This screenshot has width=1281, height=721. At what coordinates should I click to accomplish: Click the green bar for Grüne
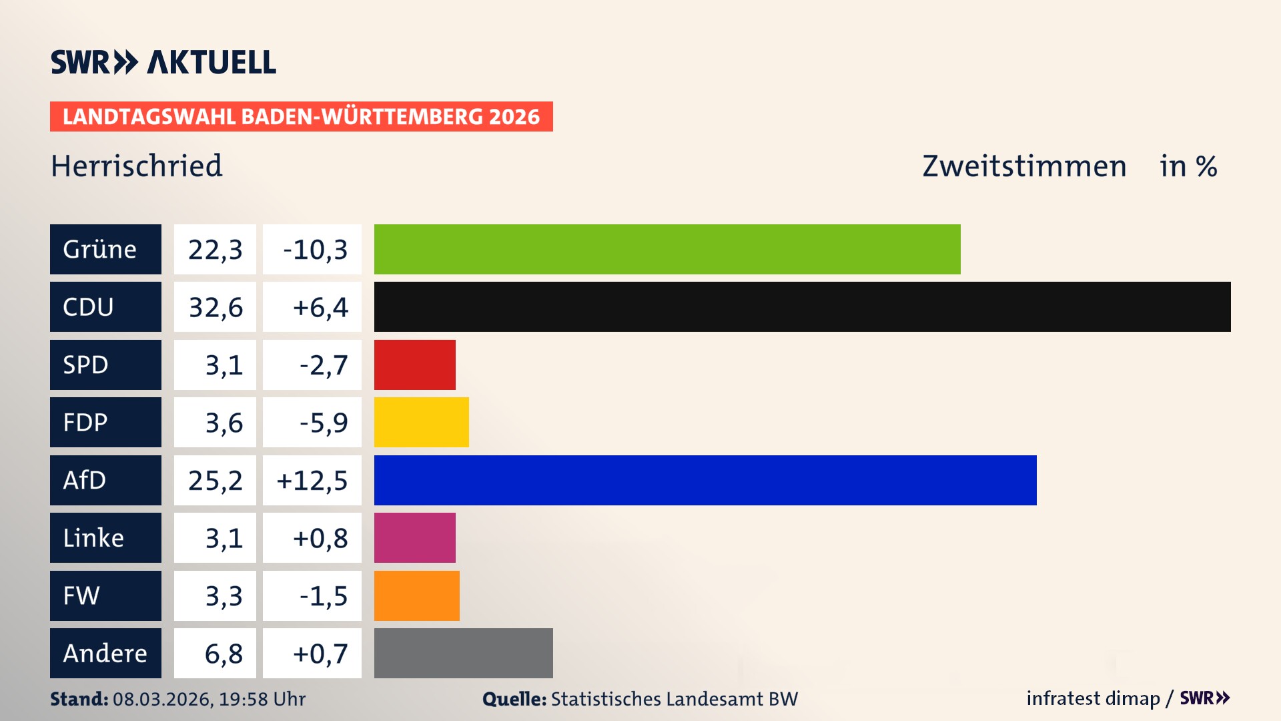pos(667,249)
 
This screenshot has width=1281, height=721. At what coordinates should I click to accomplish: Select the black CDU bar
pos(802,306)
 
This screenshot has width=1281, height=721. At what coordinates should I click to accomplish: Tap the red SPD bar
pos(414,365)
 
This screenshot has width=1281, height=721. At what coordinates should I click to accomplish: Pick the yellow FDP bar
pos(421,422)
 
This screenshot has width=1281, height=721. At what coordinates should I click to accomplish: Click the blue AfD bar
pos(705,480)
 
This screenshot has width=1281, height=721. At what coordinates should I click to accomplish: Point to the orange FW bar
pos(416,595)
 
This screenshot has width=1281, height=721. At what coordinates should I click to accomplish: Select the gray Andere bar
pos(463,653)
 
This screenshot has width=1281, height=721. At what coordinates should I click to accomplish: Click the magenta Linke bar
pos(414,537)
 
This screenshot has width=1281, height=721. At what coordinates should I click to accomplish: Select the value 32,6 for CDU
pos(215,307)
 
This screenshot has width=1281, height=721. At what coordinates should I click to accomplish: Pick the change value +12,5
pos(312,481)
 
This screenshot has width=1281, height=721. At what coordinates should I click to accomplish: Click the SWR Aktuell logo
pos(163,62)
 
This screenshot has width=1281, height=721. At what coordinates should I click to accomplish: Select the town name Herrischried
pos(137,166)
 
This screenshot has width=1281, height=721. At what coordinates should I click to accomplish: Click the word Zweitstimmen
pos(1024,166)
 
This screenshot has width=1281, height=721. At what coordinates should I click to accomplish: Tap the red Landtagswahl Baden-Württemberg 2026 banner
pos(301,117)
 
